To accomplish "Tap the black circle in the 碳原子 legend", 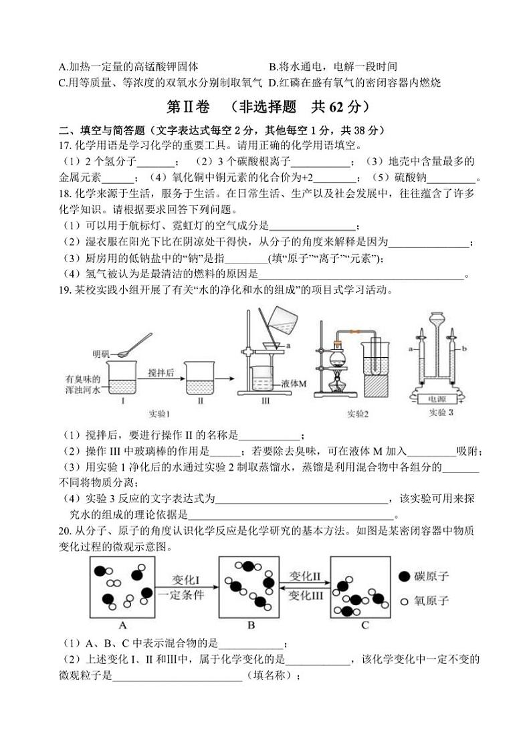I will click(404, 576).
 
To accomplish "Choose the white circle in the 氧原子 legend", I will click(404, 601).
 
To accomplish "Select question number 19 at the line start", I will click(65, 290).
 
